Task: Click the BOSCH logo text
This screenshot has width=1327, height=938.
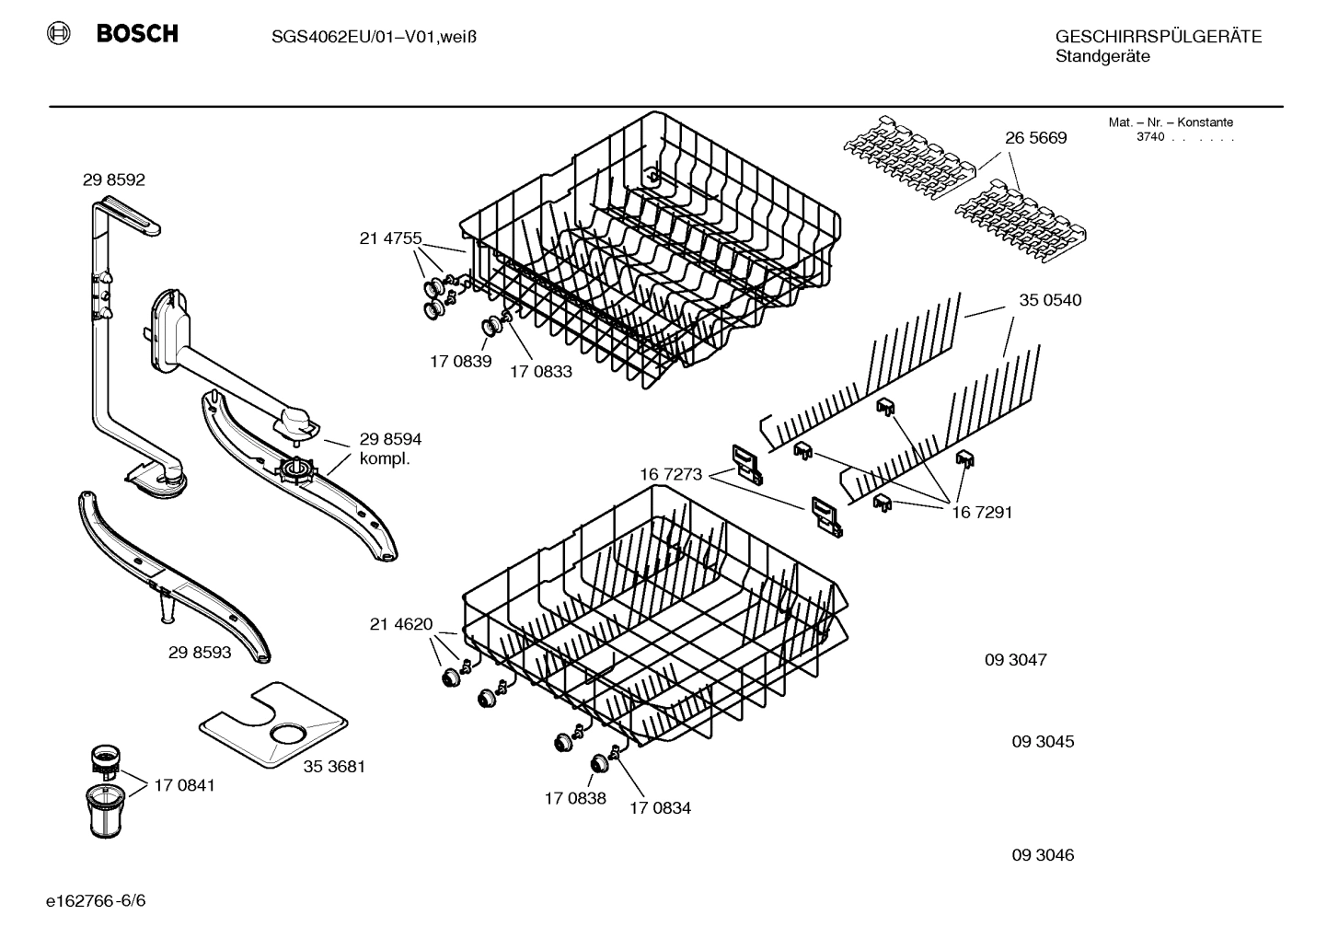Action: tap(136, 34)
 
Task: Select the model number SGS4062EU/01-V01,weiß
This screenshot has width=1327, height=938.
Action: tap(374, 37)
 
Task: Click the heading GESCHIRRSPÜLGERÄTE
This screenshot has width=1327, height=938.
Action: tap(1158, 37)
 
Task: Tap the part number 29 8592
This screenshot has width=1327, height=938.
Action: tap(114, 180)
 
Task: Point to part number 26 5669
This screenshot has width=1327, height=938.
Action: tap(1035, 138)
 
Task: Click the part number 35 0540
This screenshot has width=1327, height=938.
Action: tap(1050, 300)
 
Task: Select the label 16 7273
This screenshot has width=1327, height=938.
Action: tap(671, 475)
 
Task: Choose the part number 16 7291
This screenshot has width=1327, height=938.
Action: tap(981, 513)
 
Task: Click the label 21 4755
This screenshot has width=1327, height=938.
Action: tap(390, 239)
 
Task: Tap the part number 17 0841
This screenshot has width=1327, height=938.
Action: tap(184, 785)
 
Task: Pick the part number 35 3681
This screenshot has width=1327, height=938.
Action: tap(334, 766)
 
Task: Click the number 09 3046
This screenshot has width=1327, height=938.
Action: tap(1043, 855)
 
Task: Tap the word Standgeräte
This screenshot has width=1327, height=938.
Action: tap(1102, 57)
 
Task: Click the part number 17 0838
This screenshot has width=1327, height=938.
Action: tap(575, 798)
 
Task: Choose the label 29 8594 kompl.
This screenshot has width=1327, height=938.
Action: tap(390, 449)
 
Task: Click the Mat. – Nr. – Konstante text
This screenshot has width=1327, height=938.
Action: tap(1171, 122)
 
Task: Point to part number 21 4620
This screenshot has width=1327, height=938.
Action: tap(400, 625)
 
